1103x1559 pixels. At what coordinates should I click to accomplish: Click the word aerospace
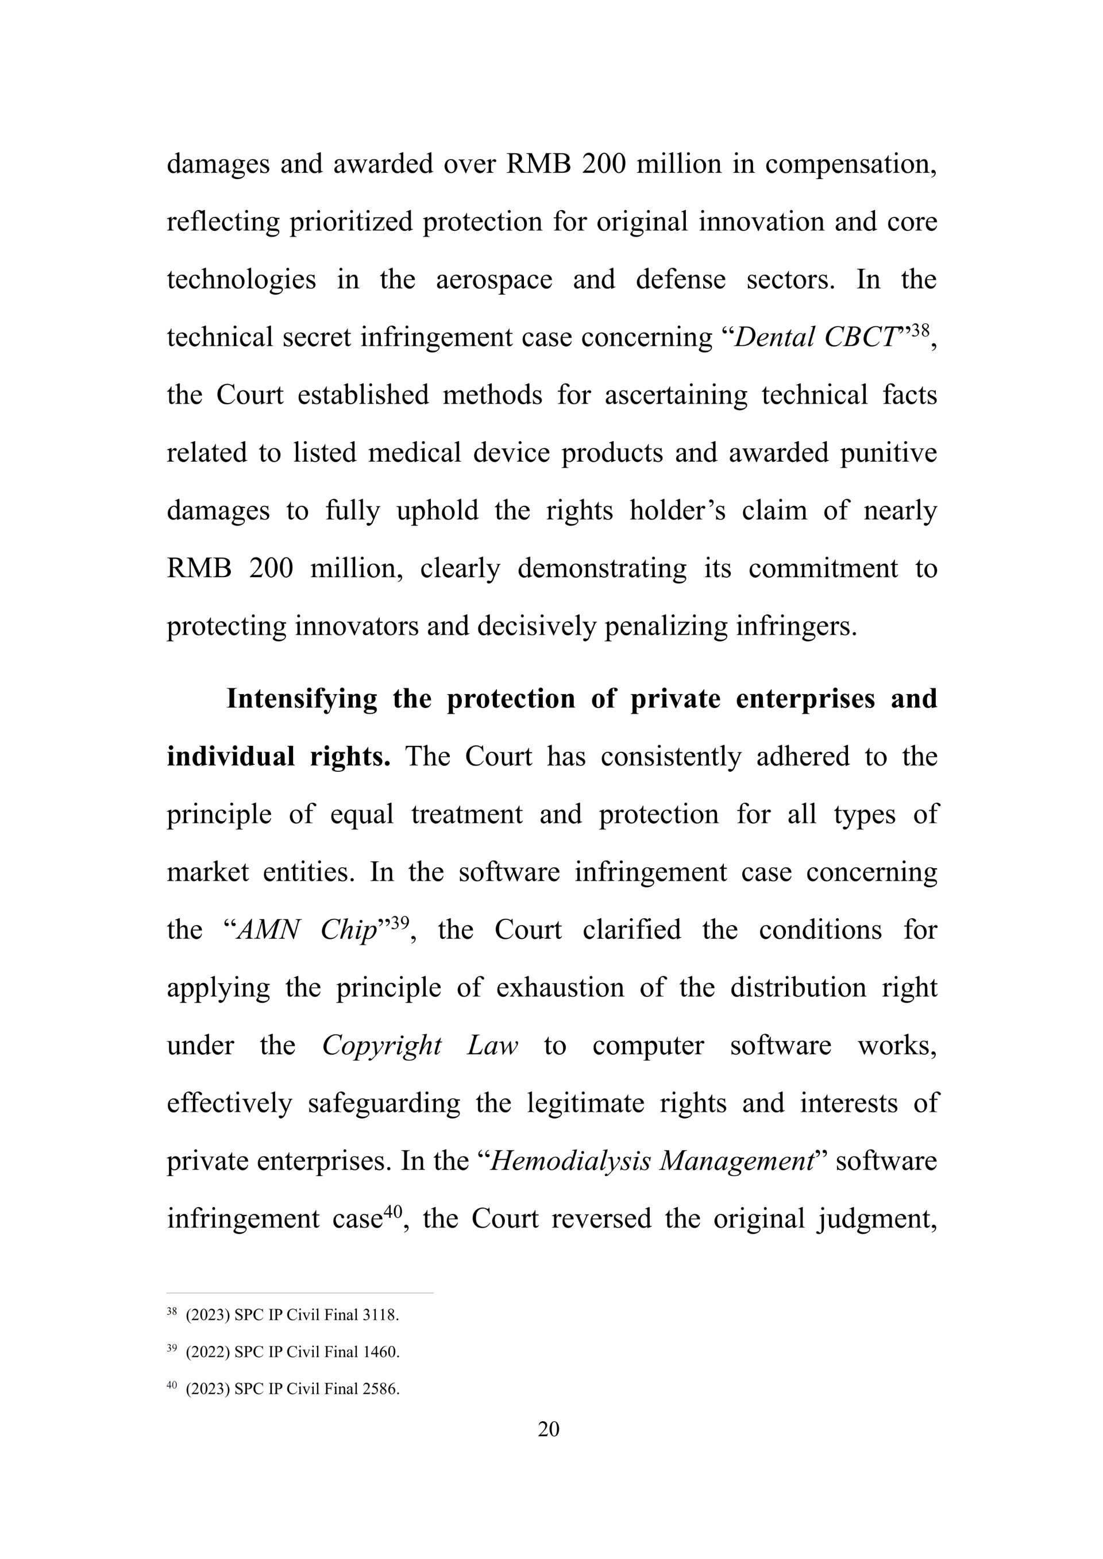pos(494,280)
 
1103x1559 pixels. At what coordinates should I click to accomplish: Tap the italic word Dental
pos(774,338)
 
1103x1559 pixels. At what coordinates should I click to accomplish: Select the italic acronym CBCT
pos(862,338)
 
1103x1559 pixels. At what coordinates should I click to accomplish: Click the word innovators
pos(357,626)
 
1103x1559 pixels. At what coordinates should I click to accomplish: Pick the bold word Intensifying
pos(302,699)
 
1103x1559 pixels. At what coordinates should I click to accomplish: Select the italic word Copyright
pos(381,1045)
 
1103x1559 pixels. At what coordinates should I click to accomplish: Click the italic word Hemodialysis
pos(569,1160)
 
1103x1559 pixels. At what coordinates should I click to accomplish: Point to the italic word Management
pos(737,1160)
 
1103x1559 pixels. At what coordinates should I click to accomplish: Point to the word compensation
pos(850,164)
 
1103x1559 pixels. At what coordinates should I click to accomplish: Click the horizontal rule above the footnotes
pos(299,1293)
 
